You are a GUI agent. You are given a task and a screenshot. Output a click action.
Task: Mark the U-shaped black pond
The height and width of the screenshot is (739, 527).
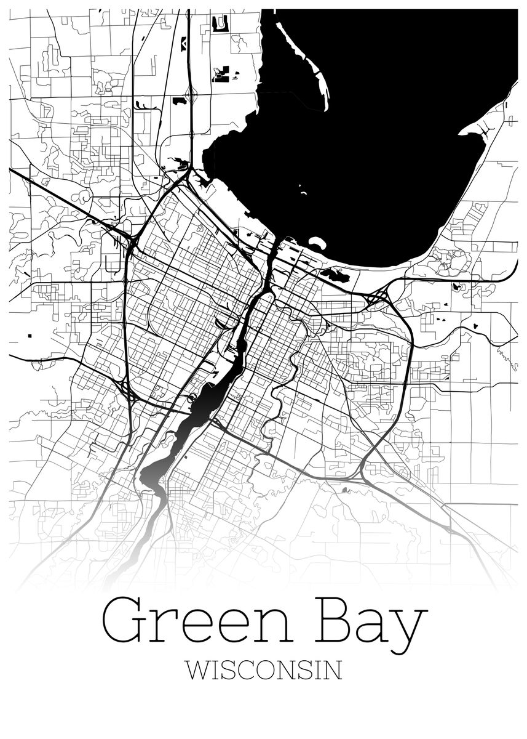219,24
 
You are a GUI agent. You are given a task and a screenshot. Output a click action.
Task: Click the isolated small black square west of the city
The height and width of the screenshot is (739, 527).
30,335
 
